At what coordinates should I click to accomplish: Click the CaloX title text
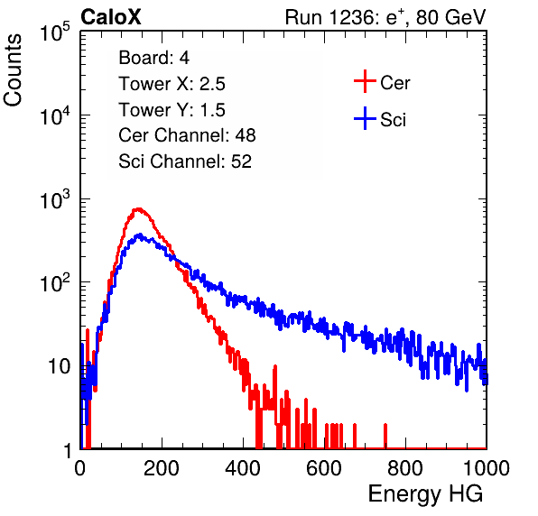pos(110,17)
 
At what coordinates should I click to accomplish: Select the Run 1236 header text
pos(385,17)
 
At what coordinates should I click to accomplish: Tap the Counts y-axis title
pos(13,70)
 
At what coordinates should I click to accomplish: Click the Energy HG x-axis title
pos(425,493)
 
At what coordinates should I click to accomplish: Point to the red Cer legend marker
pos(365,81)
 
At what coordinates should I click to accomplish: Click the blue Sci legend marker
pos(365,119)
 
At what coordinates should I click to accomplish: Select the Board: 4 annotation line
pos(153,58)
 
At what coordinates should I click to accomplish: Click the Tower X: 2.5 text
pos(172,84)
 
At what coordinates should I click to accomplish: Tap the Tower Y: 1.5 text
pos(172,110)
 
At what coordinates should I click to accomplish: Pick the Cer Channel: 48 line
pos(187,135)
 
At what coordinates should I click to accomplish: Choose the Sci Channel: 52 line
pos(185,161)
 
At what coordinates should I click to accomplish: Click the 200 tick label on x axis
pos(162,468)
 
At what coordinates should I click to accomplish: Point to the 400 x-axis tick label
pos(243,468)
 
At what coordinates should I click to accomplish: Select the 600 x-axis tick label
pos(324,468)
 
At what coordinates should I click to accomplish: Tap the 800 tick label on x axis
pos(405,468)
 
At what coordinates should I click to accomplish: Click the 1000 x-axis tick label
pos(487,468)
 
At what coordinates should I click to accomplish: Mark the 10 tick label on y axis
pos(60,366)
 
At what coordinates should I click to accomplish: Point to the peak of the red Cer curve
pos(138,208)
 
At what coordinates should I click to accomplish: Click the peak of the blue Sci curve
pos(139,235)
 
